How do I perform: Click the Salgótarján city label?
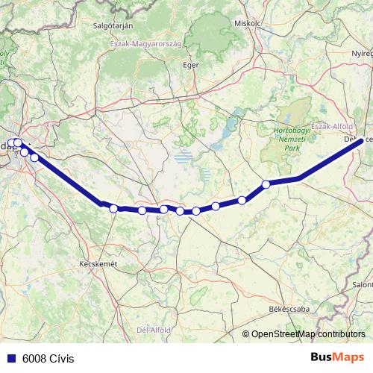(x=113, y=25)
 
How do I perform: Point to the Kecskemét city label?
(x=98, y=264)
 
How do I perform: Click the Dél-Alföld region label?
(x=155, y=329)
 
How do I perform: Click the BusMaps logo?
(x=338, y=357)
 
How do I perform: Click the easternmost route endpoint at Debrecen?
(x=362, y=140)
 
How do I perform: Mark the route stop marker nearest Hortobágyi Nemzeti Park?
(x=266, y=184)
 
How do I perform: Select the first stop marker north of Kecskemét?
(x=113, y=208)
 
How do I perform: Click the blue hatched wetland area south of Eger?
(x=182, y=157)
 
